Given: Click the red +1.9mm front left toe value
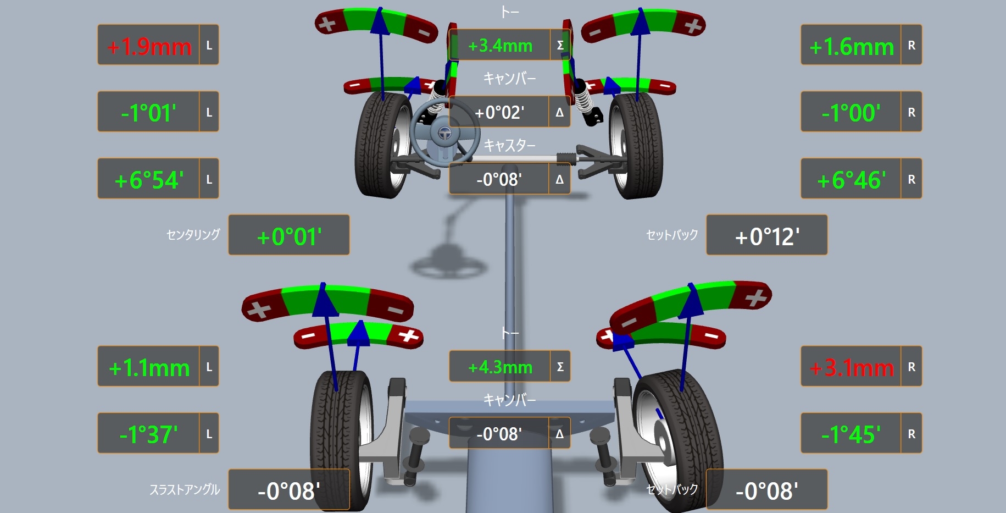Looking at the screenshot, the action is click(149, 46).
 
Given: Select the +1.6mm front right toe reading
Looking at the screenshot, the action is click(852, 47).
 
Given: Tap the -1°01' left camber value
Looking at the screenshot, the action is click(148, 113).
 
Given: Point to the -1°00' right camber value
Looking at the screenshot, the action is click(851, 113).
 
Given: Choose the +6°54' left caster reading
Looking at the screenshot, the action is click(149, 180).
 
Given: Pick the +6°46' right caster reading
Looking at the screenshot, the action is click(851, 180).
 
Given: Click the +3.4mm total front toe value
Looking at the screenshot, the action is click(500, 45).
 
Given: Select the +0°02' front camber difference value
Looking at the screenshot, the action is click(499, 113).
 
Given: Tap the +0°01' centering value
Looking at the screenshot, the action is click(289, 236).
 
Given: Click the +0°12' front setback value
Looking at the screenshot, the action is click(767, 236).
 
